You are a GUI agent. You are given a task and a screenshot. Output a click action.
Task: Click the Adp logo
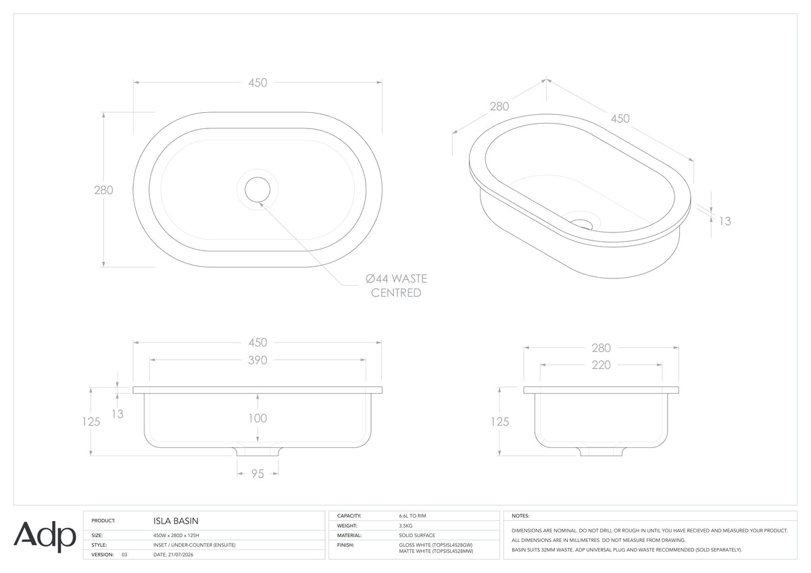click(x=45, y=537)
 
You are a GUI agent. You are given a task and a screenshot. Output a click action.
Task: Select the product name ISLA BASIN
click(x=176, y=521)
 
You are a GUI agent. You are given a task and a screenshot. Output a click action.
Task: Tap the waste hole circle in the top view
click(x=257, y=189)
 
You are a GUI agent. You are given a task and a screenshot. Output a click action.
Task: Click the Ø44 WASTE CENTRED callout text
click(x=397, y=286)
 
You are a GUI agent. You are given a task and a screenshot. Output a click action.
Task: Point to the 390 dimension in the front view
click(x=257, y=360)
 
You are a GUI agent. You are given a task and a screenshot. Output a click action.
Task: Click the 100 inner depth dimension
click(x=257, y=418)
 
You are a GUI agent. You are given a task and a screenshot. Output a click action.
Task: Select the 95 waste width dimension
click(x=257, y=474)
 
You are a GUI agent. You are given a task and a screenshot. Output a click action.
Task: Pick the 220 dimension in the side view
click(x=601, y=365)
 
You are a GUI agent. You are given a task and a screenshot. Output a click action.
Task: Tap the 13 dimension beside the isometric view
click(x=724, y=221)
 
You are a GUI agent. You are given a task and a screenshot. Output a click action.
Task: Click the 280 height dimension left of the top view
click(x=103, y=190)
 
